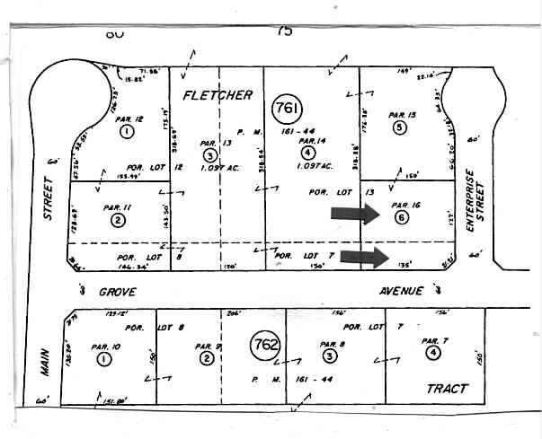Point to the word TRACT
point(446,389)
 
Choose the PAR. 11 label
point(120,207)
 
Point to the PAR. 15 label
point(401,116)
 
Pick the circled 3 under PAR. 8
point(332,356)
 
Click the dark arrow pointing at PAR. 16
point(354,213)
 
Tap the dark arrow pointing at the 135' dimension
point(364,258)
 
